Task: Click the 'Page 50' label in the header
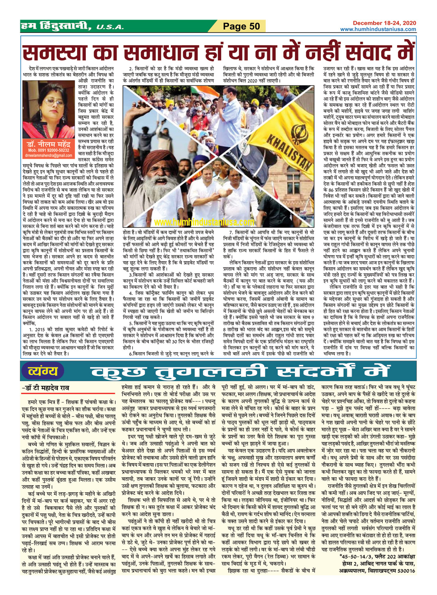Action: [x=241, y=26]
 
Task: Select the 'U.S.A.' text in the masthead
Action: [x=110, y=27]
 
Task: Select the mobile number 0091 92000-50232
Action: [x=49, y=150]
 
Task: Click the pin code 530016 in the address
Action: [x=404, y=571]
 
